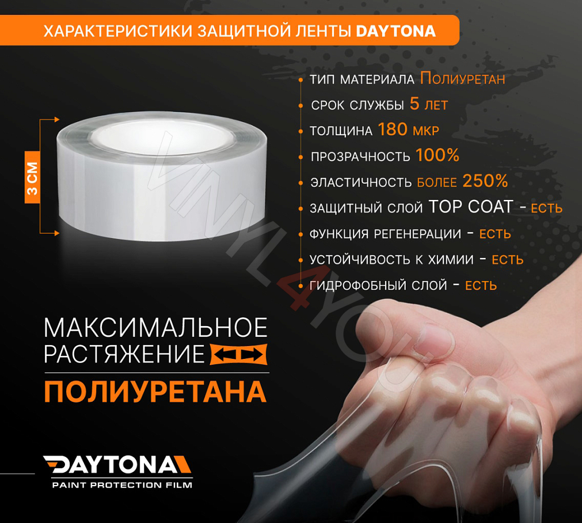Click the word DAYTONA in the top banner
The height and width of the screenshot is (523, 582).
[395, 31]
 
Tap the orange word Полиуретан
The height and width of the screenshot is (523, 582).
[462, 79]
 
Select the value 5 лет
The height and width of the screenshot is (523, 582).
[428, 105]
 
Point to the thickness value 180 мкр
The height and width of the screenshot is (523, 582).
[408, 130]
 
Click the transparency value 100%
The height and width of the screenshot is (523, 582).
[437, 156]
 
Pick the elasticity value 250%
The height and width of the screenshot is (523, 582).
[485, 182]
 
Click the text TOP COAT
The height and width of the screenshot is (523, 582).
[471, 207]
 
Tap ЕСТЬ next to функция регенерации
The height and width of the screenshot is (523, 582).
[495, 234]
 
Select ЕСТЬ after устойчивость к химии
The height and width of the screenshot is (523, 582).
[507, 260]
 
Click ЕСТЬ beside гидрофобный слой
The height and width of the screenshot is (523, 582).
[481, 285]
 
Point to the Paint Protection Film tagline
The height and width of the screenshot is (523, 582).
[122, 485]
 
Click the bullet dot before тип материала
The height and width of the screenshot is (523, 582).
[301, 80]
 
